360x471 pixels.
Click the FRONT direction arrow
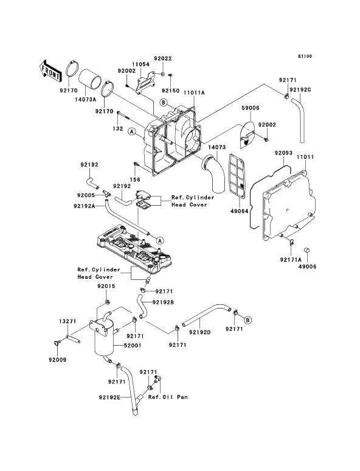pyautogui.click(x=50, y=71)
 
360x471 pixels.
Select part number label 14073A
pyautogui.click(x=86, y=99)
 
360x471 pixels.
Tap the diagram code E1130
pyautogui.click(x=305, y=56)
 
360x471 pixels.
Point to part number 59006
pyautogui.click(x=251, y=108)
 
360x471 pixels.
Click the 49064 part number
pyautogui.click(x=240, y=211)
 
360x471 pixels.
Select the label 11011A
pyautogui.click(x=194, y=92)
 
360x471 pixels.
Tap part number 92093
pyautogui.click(x=283, y=153)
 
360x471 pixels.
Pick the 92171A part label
pyautogui.click(x=291, y=260)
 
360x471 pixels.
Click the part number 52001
pyautogui.click(x=133, y=346)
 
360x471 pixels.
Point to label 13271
pyautogui.click(x=67, y=321)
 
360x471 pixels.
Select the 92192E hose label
pyautogui.click(x=109, y=397)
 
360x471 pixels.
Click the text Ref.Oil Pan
pyautogui.click(x=168, y=397)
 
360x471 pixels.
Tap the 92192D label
pyautogui.click(x=200, y=332)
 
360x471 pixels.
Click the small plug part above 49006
pyautogui.click(x=307, y=250)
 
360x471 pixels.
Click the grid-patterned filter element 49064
pyautogui.click(x=238, y=176)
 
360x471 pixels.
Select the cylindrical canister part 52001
pyautogui.click(x=103, y=338)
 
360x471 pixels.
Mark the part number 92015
pyautogui.click(x=106, y=286)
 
